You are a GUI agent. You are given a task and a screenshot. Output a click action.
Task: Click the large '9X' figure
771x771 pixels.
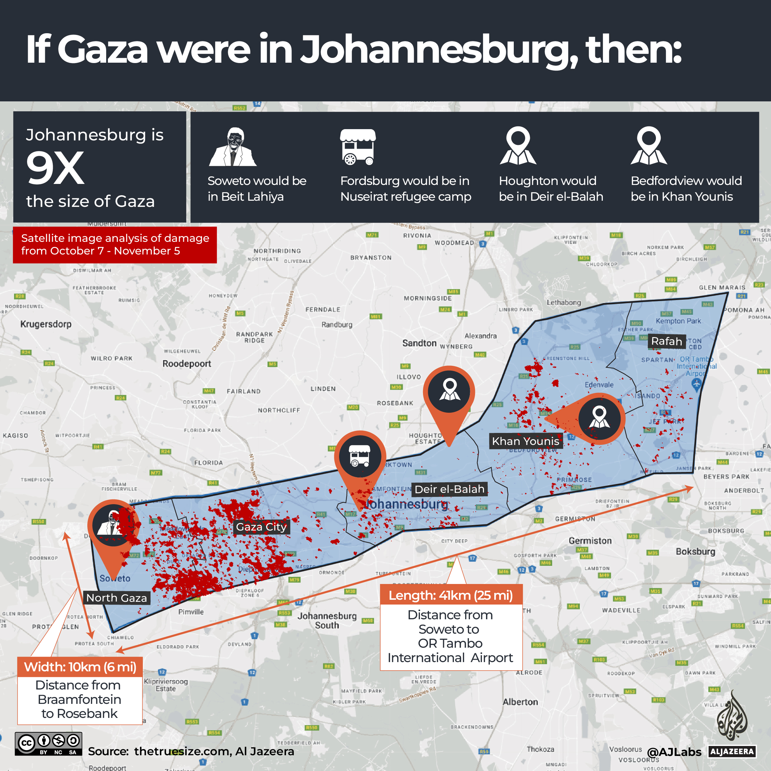click(x=55, y=169)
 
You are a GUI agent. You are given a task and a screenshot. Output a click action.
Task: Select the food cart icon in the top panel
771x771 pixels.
click(x=358, y=147)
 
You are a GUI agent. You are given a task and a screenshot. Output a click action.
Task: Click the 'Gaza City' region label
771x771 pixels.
click(x=261, y=527)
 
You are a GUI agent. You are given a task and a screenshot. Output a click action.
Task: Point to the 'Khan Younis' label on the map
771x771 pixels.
click(x=525, y=441)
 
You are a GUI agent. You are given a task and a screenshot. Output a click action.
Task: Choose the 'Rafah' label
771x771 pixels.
click(x=666, y=341)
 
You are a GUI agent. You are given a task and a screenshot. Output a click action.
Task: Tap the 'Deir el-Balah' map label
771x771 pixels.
click(x=449, y=489)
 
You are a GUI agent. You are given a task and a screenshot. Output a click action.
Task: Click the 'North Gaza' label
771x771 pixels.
click(x=116, y=598)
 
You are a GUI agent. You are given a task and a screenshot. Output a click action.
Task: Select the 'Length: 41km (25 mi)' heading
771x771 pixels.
click(x=450, y=595)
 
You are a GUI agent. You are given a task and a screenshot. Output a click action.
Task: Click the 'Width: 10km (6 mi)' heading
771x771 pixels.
click(x=80, y=667)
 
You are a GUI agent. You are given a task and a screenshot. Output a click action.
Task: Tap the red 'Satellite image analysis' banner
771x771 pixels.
click(x=115, y=245)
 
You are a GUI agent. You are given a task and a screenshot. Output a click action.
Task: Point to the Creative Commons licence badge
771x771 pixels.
click(x=48, y=744)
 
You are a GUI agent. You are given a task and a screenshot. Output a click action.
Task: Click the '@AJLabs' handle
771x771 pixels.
click(x=674, y=752)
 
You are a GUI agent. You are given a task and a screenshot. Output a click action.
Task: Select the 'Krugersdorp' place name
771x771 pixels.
click(x=46, y=324)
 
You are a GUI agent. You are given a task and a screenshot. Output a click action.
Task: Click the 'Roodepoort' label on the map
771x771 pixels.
click(x=186, y=363)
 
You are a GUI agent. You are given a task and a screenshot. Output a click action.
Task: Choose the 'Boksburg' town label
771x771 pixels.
click(x=695, y=551)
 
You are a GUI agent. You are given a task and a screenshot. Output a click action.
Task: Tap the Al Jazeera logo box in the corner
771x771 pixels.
click(x=732, y=752)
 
